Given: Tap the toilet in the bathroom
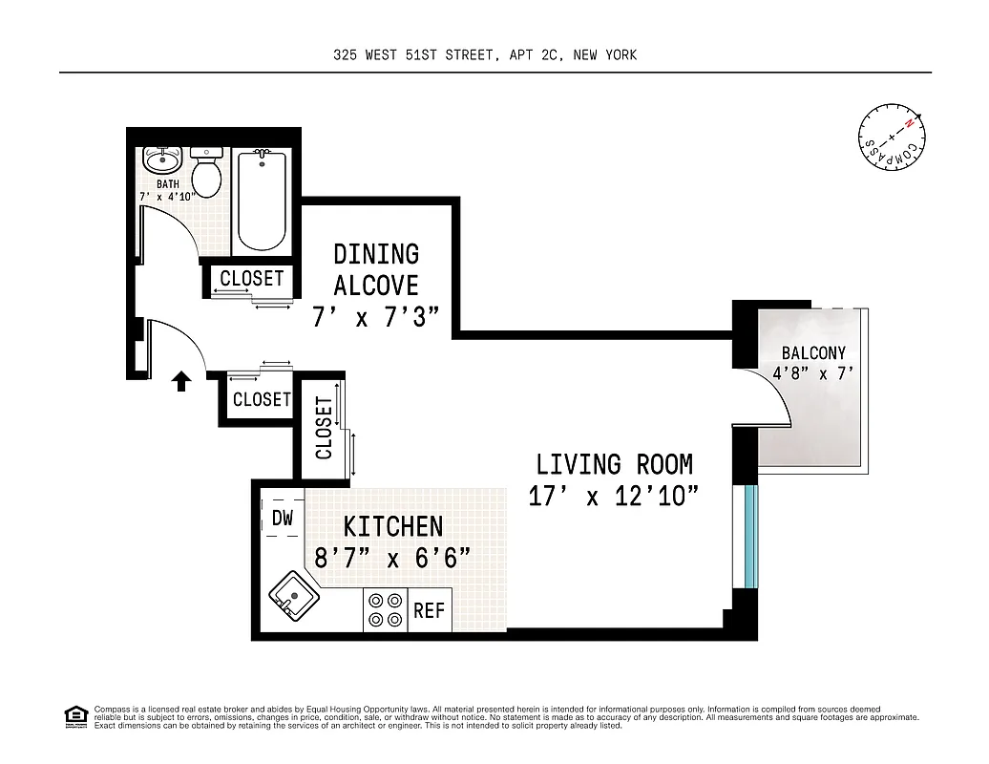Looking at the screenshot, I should pos(206,172).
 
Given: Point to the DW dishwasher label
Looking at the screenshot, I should pos(282,519).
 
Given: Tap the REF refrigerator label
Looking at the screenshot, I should pos(430,611).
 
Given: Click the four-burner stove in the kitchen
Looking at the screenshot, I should pos(385,611).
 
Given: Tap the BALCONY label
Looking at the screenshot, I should pos(813,353).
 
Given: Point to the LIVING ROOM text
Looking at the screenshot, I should pos(614,465).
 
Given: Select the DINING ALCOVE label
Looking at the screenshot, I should pos(376,269).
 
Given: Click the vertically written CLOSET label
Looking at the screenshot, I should pos(324,429).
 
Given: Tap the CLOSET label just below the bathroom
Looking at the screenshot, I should pos(252,279).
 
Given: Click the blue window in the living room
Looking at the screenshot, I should pos(750,536).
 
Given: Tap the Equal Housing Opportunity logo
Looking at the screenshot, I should pos(75,716).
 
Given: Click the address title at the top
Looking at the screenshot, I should pos(485,55).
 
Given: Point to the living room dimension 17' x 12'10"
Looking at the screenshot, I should pos(614,498).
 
